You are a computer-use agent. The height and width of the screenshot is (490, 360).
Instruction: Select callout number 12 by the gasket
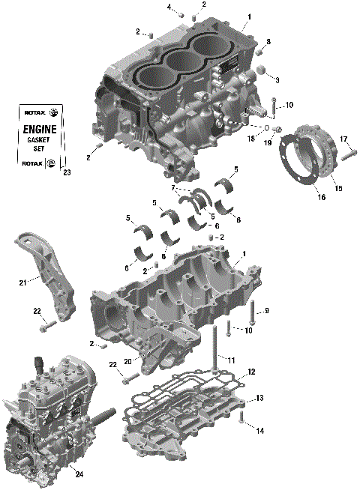[x=252, y=372]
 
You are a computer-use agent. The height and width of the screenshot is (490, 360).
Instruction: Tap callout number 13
[x=260, y=397]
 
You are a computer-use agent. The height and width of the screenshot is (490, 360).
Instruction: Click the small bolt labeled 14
[x=241, y=420]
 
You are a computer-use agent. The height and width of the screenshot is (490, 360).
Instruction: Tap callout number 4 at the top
[x=169, y=7]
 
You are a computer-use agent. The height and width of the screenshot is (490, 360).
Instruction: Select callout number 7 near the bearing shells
[x=173, y=187]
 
